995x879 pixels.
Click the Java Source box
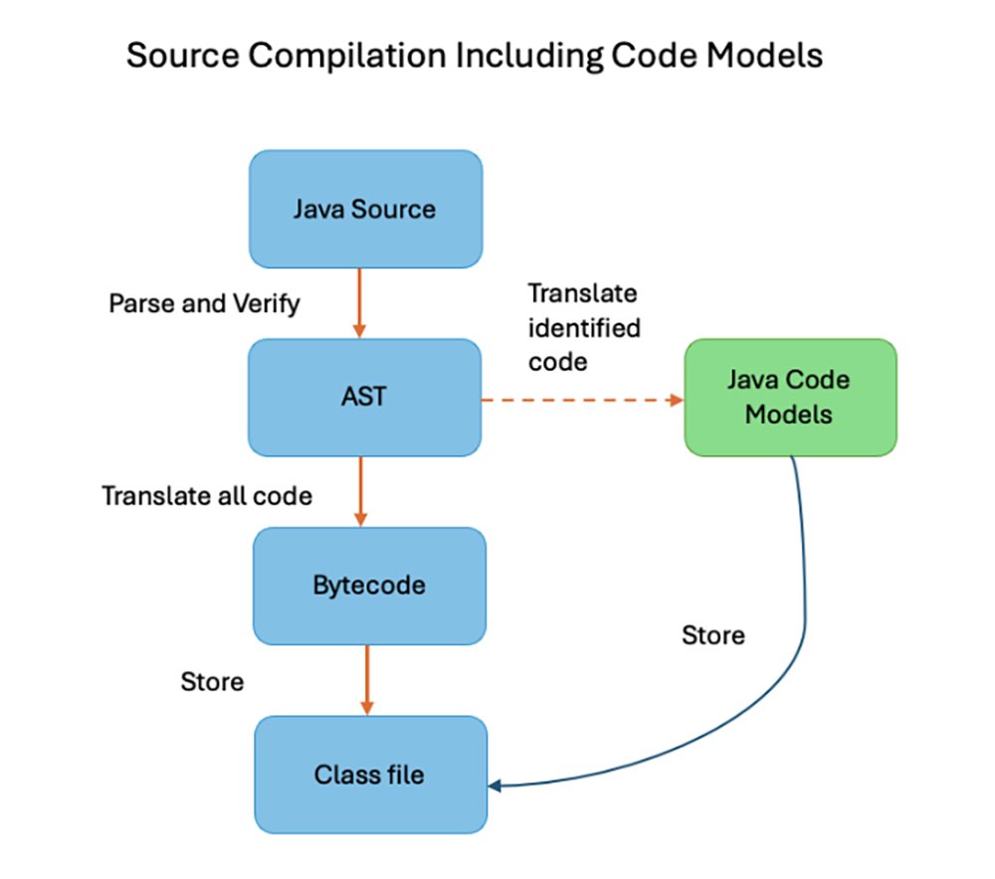pos(364,210)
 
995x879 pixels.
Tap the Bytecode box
pos(369,585)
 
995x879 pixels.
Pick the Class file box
pos(370,774)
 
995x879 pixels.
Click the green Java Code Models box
pos(790,398)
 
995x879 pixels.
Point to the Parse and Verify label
pos(203,303)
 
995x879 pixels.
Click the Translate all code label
pos(207,494)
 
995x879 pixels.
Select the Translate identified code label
pos(584,327)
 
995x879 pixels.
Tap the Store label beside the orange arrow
pos(212,682)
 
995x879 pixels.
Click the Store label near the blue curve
pos(712,634)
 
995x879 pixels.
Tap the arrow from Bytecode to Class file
pos(367,678)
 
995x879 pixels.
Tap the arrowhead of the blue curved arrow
pos(495,786)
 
